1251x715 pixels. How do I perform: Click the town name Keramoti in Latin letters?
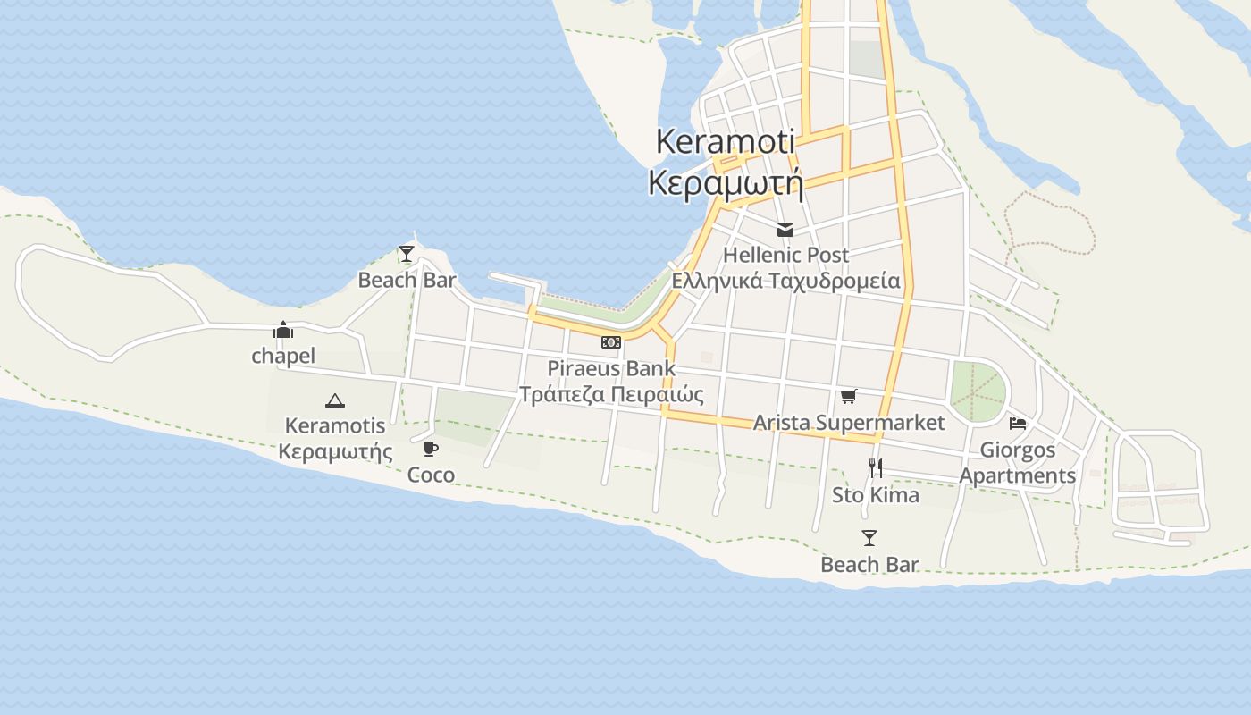coord(725,141)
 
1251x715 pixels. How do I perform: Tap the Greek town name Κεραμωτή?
coord(725,183)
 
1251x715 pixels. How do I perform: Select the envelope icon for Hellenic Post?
coord(785,230)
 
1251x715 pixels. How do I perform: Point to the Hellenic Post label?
coord(785,255)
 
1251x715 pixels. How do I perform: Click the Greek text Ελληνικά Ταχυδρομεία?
coord(785,281)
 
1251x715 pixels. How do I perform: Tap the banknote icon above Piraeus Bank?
coord(611,342)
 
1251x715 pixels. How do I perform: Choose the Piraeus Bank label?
coord(611,368)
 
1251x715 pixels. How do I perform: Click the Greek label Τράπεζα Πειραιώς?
coord(611,394)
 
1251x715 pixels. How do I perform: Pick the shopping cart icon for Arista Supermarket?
coord(848,396)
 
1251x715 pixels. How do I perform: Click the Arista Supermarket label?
coord(848,422)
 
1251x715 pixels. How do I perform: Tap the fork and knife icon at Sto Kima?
coord(876,467)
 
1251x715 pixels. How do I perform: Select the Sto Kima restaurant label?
coord(876,495)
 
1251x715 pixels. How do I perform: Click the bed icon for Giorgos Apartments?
coord(1018,424)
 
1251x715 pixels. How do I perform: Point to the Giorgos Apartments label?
coord(1018,462)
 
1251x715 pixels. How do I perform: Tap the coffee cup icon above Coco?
coord(431,449)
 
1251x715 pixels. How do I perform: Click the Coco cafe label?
coord(431,475)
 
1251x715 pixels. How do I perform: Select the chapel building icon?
coord(283,331)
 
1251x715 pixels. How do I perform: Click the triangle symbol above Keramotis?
coord(335,400)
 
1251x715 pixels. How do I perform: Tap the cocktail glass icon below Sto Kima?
coord(869,538)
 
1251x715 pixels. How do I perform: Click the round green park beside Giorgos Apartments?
coord(977,391)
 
